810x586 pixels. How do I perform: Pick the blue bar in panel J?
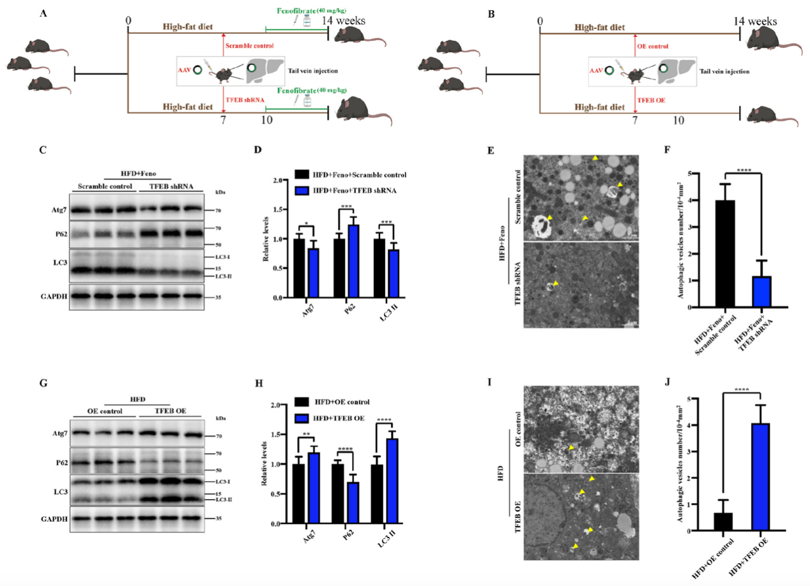(763, 477)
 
